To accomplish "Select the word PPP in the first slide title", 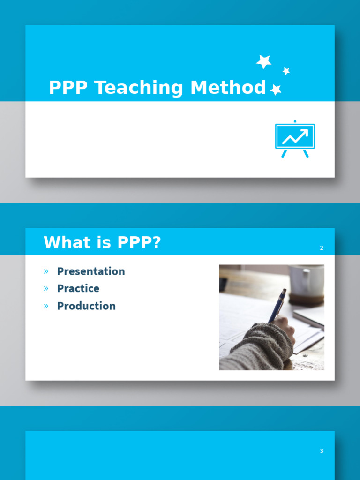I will click(68, 88).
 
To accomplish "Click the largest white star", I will click(264, 61).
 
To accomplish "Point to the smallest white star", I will click(286, 71).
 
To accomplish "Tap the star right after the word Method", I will click(276, 90).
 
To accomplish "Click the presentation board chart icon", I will click(295, 139).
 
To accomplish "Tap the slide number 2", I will click(322, 248).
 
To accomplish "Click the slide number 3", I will click(322, 451).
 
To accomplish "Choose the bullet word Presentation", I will click(91, 271).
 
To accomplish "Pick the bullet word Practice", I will click(78, 288).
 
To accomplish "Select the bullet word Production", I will click(86, 306).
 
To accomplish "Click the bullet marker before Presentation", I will click(46, 271).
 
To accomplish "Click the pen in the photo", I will click(277, 305).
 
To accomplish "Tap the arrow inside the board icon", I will click(295, 136).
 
